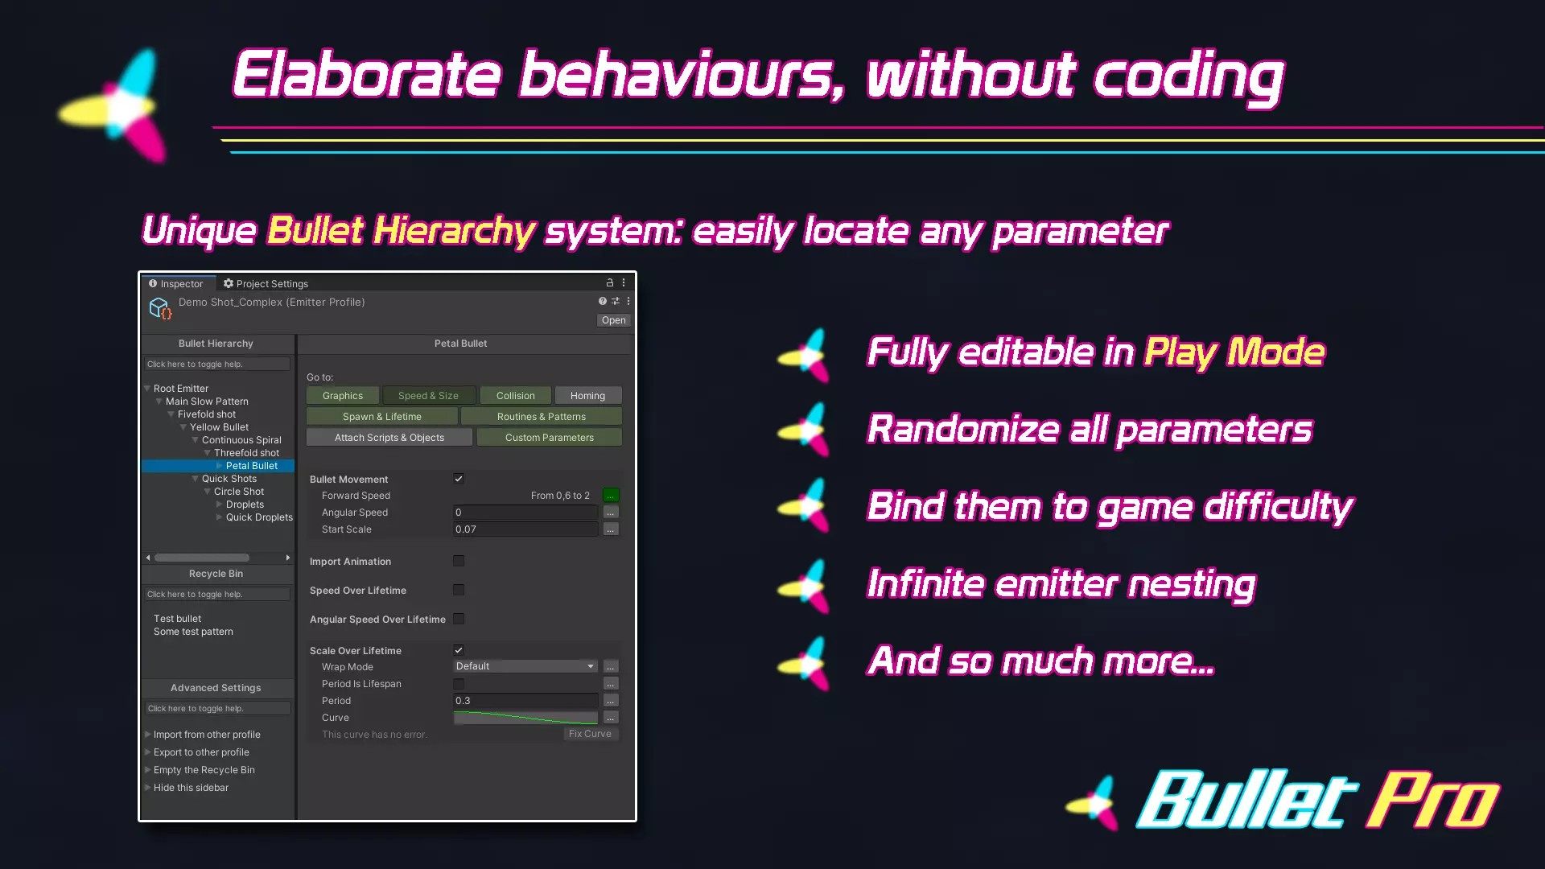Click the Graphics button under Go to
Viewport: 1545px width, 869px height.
(343, 396)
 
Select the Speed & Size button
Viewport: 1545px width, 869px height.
(428, 396)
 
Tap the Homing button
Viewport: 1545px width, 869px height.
(587, 396)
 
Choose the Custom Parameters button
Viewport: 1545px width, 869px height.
(550, 438)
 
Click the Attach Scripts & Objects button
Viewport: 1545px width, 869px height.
(389, 438)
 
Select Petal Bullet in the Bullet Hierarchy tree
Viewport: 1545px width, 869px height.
(251, 466)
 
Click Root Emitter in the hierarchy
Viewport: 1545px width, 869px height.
(181, 389)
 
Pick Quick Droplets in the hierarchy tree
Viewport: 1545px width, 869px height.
(259, 517)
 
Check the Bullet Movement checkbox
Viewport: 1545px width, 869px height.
(459, 479)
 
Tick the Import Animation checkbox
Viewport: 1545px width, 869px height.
(459, 561)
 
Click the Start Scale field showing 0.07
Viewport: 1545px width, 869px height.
(525, 529)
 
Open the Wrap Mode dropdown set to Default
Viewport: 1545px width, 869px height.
(525, 666)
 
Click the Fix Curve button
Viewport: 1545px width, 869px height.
(590, 734)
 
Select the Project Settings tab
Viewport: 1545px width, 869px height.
(266, 283)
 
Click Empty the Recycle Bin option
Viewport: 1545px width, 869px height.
(204, 770)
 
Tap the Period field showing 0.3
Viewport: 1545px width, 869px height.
(525, 701)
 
